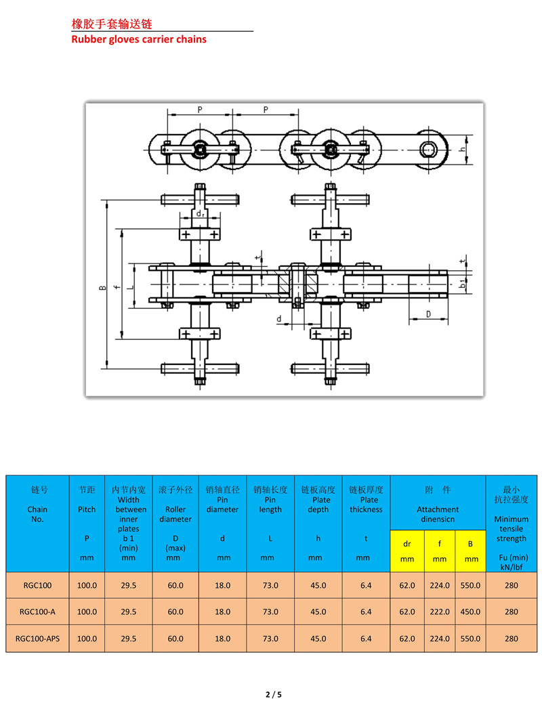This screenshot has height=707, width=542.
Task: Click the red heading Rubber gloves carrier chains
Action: click(x=139, y=39)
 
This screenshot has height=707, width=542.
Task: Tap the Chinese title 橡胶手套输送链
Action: click(x=112, y=24)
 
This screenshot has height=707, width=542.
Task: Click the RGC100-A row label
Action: click(x=38, y=612)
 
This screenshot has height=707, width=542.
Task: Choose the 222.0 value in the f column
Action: click(x=440, y=612)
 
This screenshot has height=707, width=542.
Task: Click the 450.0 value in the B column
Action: click(x=470, y=612)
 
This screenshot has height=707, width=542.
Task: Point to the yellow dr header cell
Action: click(x=407, y=543)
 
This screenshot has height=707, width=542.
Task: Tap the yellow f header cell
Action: click(x=440, y=543)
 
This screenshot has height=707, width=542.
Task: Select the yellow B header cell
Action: click(x=470, y=543)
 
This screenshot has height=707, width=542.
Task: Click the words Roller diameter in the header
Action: click(x=175, y=515)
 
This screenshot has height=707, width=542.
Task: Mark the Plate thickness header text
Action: click(x=366, y=505)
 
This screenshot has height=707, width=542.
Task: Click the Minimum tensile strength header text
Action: click(x=511, y=528)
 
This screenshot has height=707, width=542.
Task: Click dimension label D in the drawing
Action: click(x=428, y=314)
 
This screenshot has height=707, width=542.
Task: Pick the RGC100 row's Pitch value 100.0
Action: click(x=87, y=585)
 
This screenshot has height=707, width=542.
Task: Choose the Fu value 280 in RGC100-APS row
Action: click(x=511, y=638)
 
